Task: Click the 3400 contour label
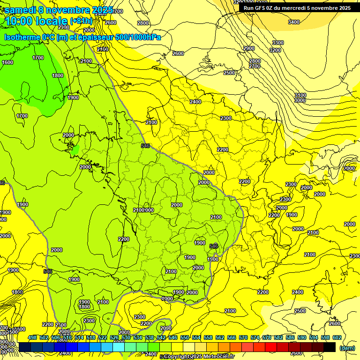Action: pyautogui.click(x=294, y=22)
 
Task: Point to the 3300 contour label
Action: pyautogui.click(x=278, y=43)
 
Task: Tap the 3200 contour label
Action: pyautogui.click(x=275, y=50)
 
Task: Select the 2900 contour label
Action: pyautogui.click(x=249, y=48)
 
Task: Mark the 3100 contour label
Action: pyautogui.click(x=300, y=95)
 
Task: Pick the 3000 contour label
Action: pyautogui.click(x=300, y=100)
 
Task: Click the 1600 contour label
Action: pyautogui.click(x=7, y=62)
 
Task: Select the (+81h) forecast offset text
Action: pyautogui.click(x=81, y=21)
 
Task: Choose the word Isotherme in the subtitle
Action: pyautogui.click(x=22, y=37)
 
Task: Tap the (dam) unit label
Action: pyautogui.click(x=347, y=348)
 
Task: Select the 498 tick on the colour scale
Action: pyautogui.click(x=32, y=337)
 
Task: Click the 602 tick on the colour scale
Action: pyautogui.click(x=337, y=337)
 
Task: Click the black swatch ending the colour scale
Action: pyautogui.click(x=330, y=347)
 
